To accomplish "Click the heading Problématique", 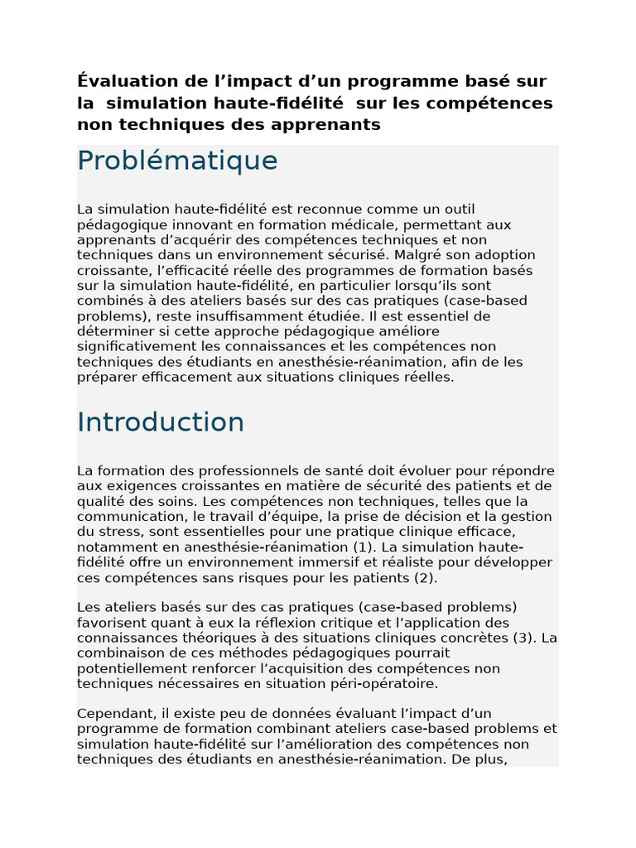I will coord(177,161).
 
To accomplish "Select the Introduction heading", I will coord(161,422).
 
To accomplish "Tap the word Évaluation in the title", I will coord(128,81).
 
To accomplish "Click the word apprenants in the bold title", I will coord(335,125).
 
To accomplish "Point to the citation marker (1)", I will coord(365,547).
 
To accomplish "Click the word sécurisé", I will coord(355,255).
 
